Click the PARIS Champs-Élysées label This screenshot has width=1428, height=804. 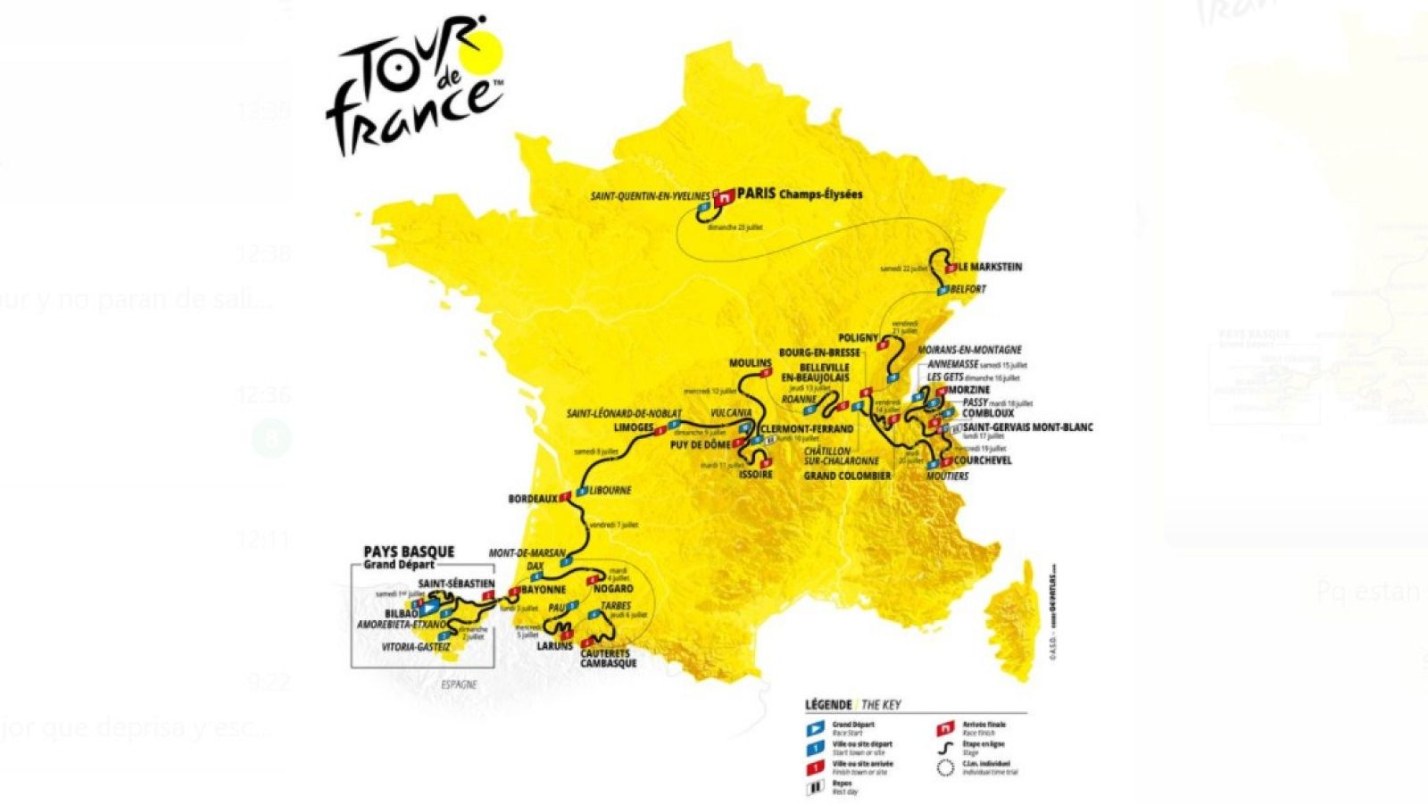tap(799, 195)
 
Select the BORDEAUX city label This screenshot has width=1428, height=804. tap(533, 499)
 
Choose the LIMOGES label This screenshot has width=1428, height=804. tap(634, 427)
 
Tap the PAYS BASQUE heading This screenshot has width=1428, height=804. tap(409, 551)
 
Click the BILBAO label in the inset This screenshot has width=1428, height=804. tap(401, 614)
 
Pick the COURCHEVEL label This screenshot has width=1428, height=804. tap(983, 460)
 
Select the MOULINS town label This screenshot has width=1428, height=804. tap(750, 363)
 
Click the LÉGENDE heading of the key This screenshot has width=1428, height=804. tap(828, 704)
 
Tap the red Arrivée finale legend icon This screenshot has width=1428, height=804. tap(946, 728)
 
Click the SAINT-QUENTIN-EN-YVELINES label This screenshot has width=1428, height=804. tap(650, 195)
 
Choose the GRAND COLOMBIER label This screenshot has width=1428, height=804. tap(847, 476)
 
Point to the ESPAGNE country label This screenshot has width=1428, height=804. tap(459, 684)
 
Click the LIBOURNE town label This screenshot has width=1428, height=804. tap(610, 491)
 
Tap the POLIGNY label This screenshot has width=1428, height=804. tap(859, 338)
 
